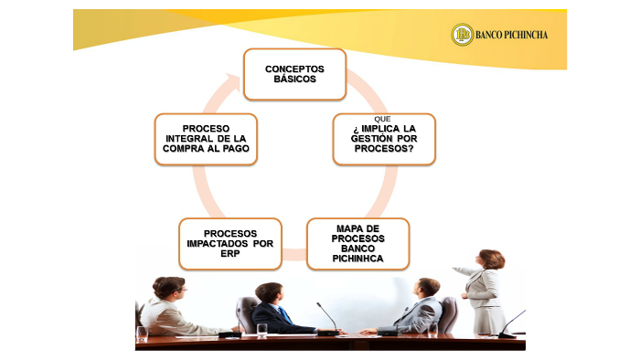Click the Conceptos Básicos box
click(293, 74)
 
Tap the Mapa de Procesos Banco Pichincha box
click(357, 243)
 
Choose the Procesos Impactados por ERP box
click(229, 243)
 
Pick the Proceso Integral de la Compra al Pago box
click(206, 139)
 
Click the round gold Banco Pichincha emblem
click(463, 35)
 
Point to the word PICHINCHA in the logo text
click(524, 36)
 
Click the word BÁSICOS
click(294, 79)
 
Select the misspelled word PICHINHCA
click(358, 259)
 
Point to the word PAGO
click(233, 148)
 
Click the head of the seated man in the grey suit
click(427, 288)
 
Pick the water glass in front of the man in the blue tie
click(262, 330)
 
